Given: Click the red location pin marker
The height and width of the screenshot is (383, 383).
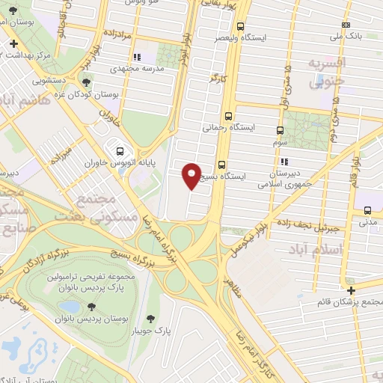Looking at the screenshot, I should tap(191, 174).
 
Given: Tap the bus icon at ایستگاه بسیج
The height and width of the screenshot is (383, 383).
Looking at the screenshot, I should tap(221, 165).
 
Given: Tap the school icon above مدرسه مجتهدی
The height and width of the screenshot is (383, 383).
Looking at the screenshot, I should tap(135, 56).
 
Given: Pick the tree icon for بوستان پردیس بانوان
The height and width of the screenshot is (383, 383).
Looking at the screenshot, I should tap(91, 306).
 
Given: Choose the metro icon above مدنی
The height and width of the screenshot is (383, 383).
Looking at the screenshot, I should tap(367, 211).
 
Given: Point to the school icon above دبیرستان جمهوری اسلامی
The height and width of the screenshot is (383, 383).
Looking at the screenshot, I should tap(283, 161).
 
